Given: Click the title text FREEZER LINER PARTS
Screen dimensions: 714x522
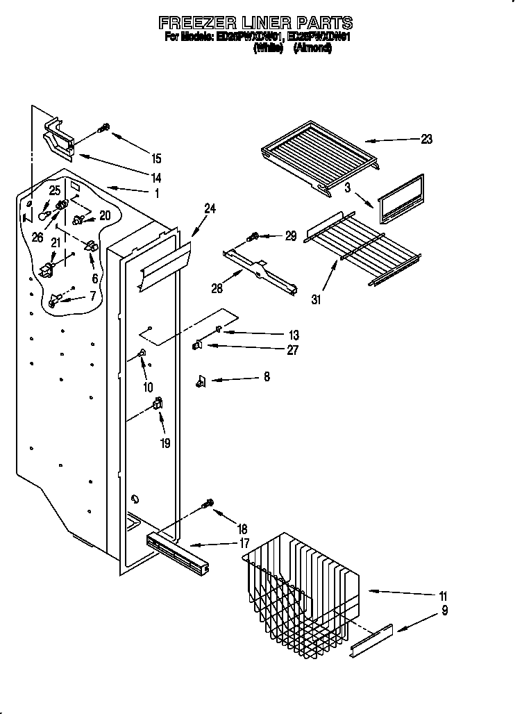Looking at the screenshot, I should [x=255, y=23].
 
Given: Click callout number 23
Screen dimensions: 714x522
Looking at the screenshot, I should [x=426, y=139].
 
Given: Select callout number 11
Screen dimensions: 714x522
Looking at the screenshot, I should [x=443, y=596].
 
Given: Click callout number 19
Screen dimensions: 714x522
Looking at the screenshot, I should [x=165, y=442].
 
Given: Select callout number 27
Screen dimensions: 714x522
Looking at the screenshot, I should [x=292, y=350].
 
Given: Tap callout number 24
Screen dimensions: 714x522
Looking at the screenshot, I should [x=210, y=207].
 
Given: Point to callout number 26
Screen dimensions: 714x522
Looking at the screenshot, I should [x=37, y=238].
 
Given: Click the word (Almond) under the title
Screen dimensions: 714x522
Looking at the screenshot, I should [x=312, y=48].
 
